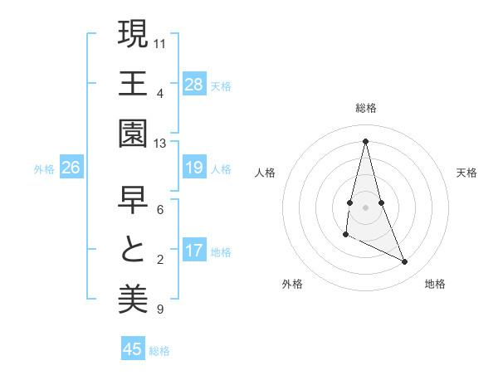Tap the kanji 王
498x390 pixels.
coord(133,83)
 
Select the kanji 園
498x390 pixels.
coord(133,133)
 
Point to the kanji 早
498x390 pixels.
coord(133,199)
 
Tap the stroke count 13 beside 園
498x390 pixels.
coord(160,144)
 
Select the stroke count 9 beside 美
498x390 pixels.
coord(159,310)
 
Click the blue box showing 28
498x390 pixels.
coord(194,84)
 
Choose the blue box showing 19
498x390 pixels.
coord(194,168)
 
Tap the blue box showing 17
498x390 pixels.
coord(194,251)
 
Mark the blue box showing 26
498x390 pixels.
coord(71,168)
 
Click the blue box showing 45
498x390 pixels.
coord(133,349)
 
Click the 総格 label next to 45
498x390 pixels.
coord(159,351)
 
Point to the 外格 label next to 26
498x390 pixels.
coord(44,169)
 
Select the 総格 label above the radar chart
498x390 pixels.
coord(366,108)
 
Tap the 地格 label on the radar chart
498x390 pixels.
coord(435,284)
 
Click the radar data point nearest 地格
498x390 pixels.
coord(405,262)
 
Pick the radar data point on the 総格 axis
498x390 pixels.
coord(365,140)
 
